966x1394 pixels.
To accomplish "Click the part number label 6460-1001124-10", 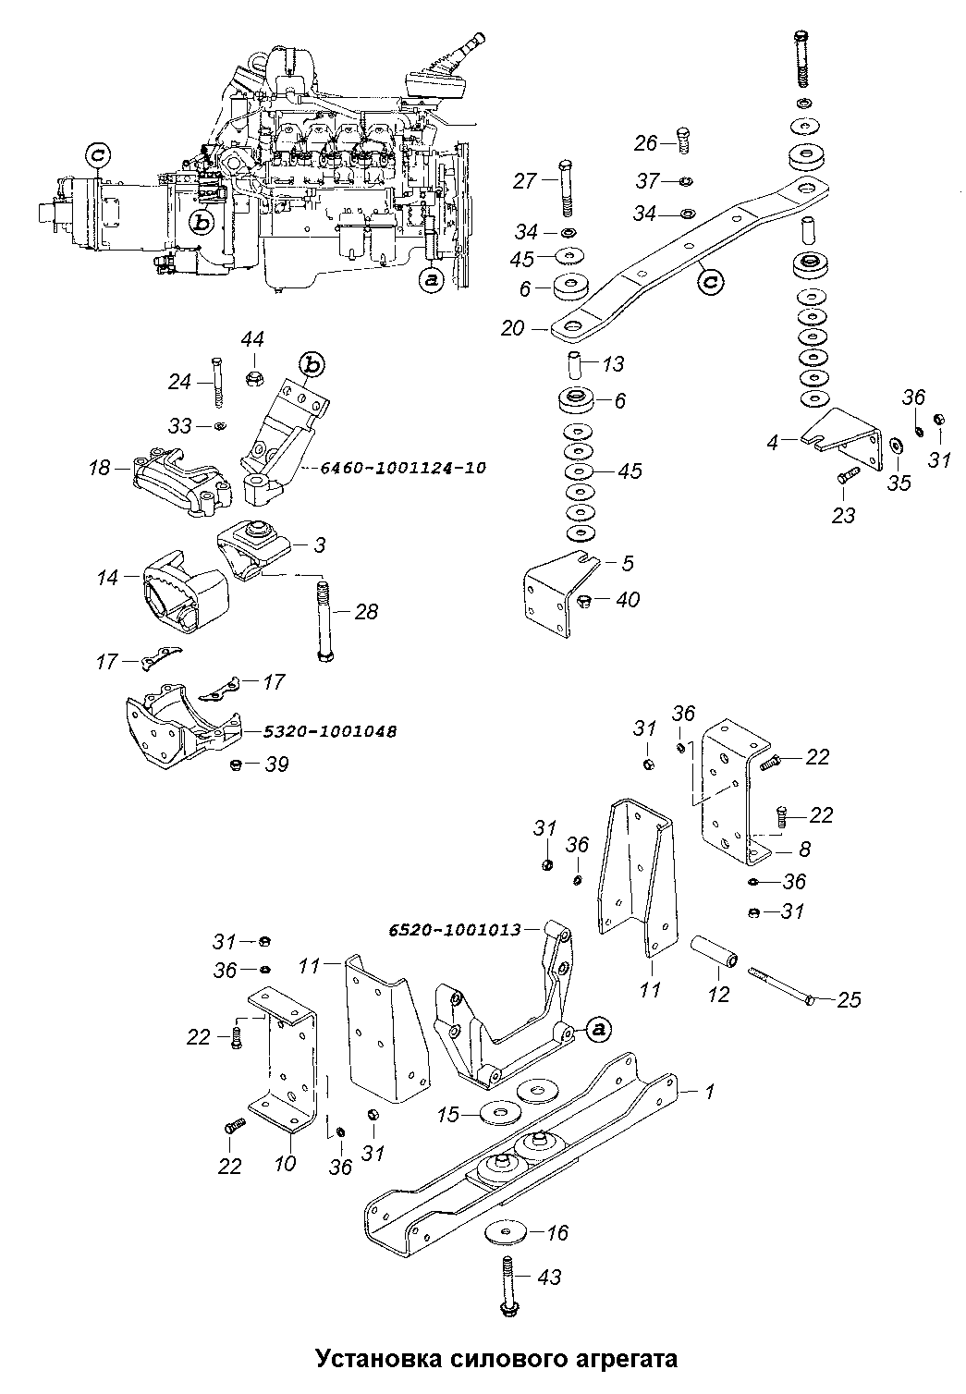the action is pyautogui.click(x=403, y=468).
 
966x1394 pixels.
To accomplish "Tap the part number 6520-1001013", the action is pyautogui.click(x=455, y=930).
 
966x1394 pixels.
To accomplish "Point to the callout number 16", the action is pyautogui.click(x=556, y=1232).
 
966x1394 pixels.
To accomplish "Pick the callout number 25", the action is pyautogui.click(x=849, y=999).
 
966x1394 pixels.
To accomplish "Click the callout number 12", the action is pyautogui.click(x=717, y=994).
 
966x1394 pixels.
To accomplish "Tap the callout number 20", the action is pyautogui.click(x=513, y=328).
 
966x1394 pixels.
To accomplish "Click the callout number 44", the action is pyautogui.click(x=252, y=339).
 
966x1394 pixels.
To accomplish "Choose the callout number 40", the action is pyautogui.click(x=627, y=599).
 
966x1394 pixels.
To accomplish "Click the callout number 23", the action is pyautogui.click(x=843, y=515).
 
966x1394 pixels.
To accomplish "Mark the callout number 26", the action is pyautogui.click(x=645, y=143).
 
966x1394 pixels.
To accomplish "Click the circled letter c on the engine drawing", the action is pyautogui.click(x=98, y=155).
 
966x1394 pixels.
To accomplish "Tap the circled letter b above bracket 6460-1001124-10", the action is pyautogui.click(x=313, y=365).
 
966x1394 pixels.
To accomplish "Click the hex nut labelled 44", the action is pyautogui.click(x=252, y=377).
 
